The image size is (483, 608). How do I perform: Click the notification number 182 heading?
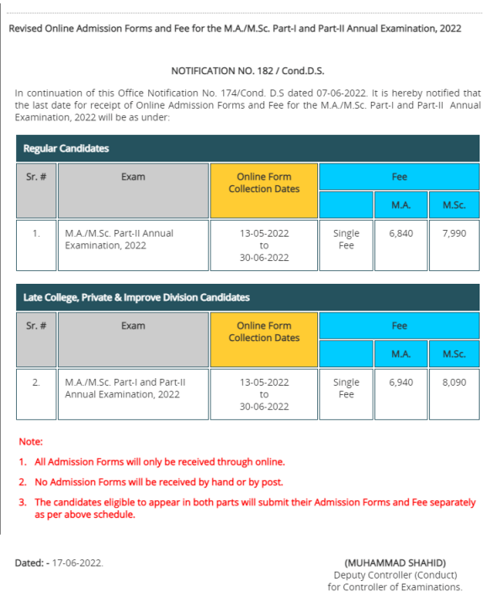click(x=247, y=71)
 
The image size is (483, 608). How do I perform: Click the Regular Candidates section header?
click(x=66, y=148)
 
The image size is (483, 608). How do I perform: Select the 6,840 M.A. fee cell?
click(x=401, y=233)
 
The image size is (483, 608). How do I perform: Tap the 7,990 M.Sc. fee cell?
click(x=454, y=233)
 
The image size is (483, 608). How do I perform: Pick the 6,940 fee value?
click(x=401, y=382)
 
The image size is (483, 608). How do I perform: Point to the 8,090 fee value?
click(x=454, y=382)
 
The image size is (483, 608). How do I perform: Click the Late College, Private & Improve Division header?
click(x=136, y=297)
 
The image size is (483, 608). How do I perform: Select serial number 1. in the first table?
click(x=36, y=233)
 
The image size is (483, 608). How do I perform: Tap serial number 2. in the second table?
click(x=36, y=382)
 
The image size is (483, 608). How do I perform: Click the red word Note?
click(x=30, y=441)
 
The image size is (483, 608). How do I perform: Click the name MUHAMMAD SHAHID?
click(x=395, y=563)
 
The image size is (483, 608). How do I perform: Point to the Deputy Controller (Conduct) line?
click(x=395, y=575)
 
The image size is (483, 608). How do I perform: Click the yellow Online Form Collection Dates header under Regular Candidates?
click(x=264, y=183)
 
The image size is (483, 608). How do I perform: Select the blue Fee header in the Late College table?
click(x=399, y=326)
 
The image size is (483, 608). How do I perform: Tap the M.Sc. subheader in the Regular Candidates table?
click(x=454, y=205)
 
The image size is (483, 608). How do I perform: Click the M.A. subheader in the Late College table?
click(x=401, y=355)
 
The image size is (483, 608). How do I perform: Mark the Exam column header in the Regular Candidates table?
click(x=133, y=177)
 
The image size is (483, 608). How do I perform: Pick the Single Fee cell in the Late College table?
click(x=346, y=388)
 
